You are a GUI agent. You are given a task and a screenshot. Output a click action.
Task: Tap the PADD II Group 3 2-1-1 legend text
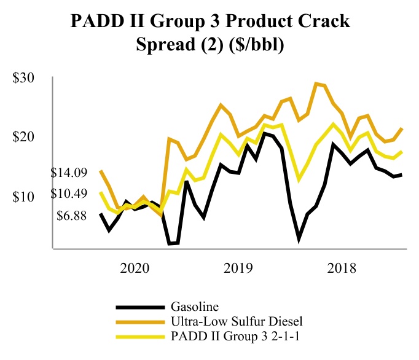click(237, 336)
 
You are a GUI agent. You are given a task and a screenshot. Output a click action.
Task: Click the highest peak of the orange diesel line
click(317, 84)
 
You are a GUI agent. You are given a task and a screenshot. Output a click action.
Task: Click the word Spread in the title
click(152, 46)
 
